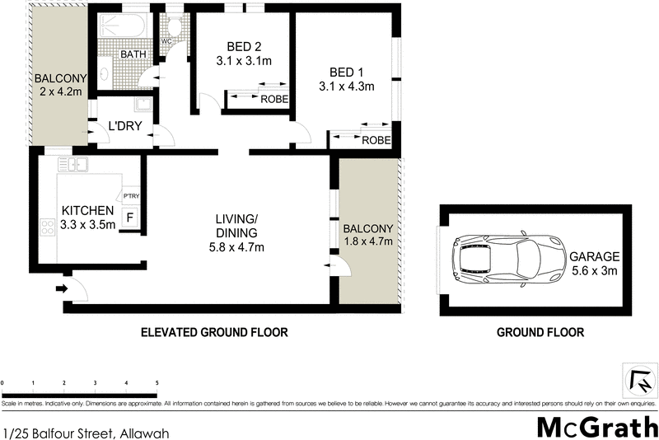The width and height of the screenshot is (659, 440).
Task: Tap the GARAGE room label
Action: pyautogui.click(x=594, y=257)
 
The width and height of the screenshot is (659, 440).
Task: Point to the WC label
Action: pyautogui.click(x=166, y=40)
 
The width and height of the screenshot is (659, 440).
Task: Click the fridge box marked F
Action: pyautogui.click(x=129, y=218)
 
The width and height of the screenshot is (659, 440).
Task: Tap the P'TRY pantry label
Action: pyautogui.click(x=130, y=196)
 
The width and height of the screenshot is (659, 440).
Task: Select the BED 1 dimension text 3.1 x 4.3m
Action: pyautogui.click(x=347, y=86)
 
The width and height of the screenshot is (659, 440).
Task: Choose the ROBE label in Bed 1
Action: pyautogui.click(x=376, y=141)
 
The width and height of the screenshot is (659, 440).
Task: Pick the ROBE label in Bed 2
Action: pyautogui.click(x=274, y=99)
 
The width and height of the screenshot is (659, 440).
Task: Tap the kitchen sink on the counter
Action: pyautogui.click(x=79, y=166)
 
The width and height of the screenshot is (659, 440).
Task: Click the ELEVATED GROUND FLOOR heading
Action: pyautogui.click(x=214, y=333)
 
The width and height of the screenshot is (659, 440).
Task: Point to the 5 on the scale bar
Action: pyautogui.click(x=157, y=384)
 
